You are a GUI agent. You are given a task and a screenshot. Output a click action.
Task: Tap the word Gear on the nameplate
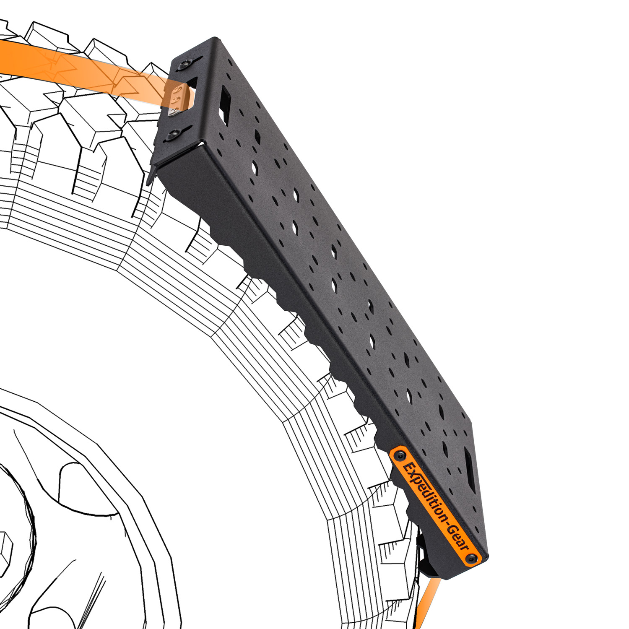coord(458,535)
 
